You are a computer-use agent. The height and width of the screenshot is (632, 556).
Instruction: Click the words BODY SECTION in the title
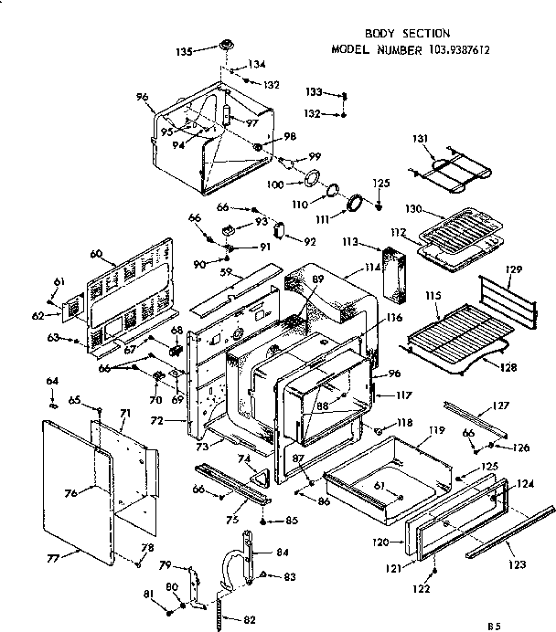(395, 34)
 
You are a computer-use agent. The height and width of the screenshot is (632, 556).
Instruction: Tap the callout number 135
(184, 52)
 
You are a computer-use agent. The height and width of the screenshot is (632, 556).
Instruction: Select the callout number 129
(513, 270)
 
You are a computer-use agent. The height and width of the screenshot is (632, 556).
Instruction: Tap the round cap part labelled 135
(223, 47)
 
